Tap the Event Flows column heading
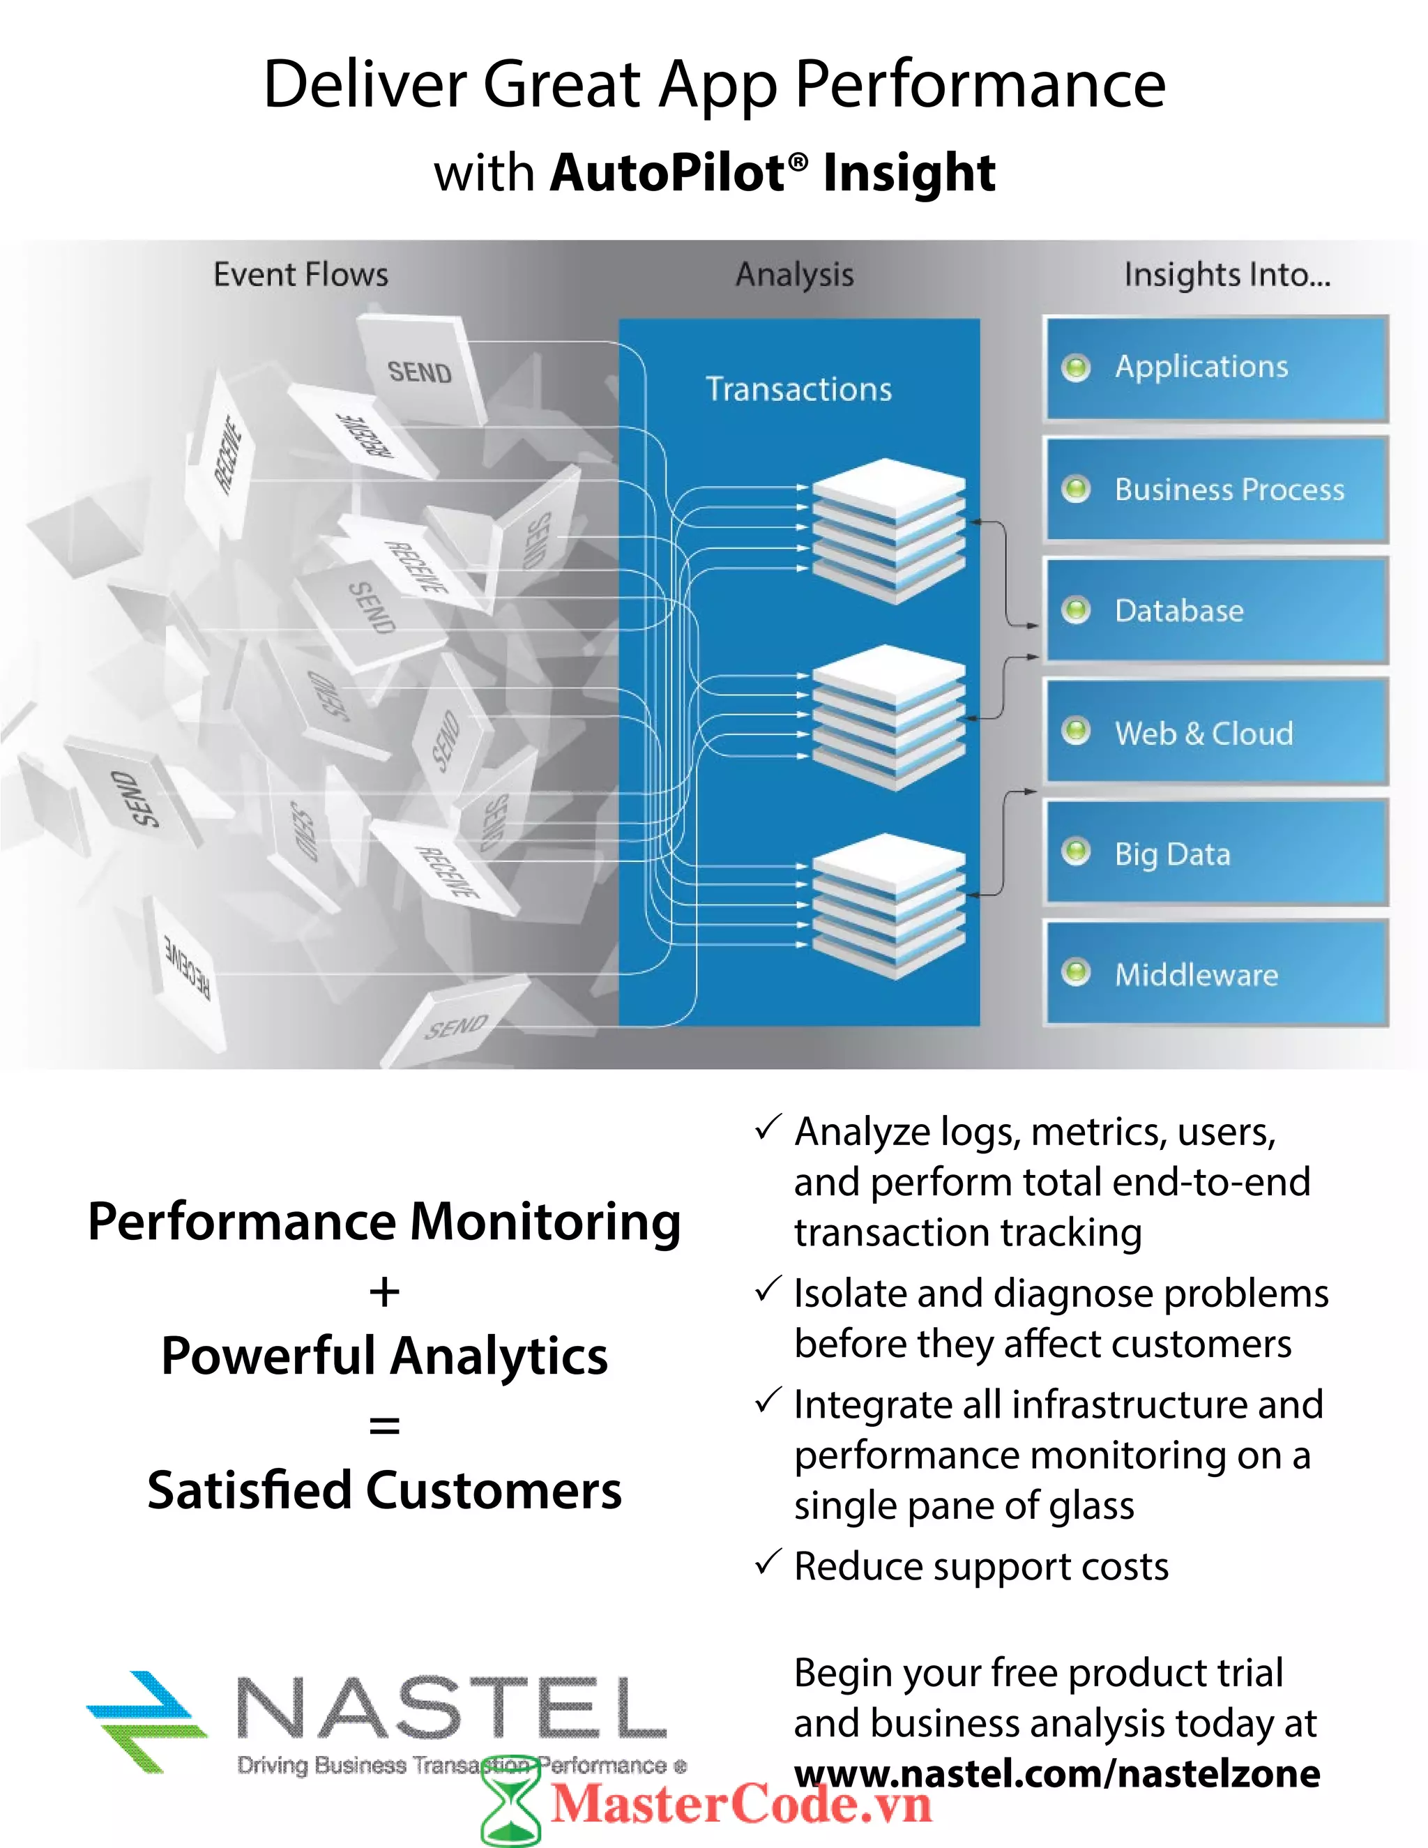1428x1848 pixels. point(301,275)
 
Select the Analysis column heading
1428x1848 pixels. point(794,275)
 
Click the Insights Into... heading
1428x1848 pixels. point(1226,275)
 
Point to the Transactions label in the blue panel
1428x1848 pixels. point(798,389)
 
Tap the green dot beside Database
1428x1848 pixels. point(1076,609)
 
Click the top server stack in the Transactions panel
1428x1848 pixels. point(888,531)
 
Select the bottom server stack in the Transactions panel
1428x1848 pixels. point(888,905)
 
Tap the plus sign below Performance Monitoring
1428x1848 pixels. point(384,1292)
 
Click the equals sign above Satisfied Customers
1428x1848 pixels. point(384,1426)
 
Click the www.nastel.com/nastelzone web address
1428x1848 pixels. point(1056,1773)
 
